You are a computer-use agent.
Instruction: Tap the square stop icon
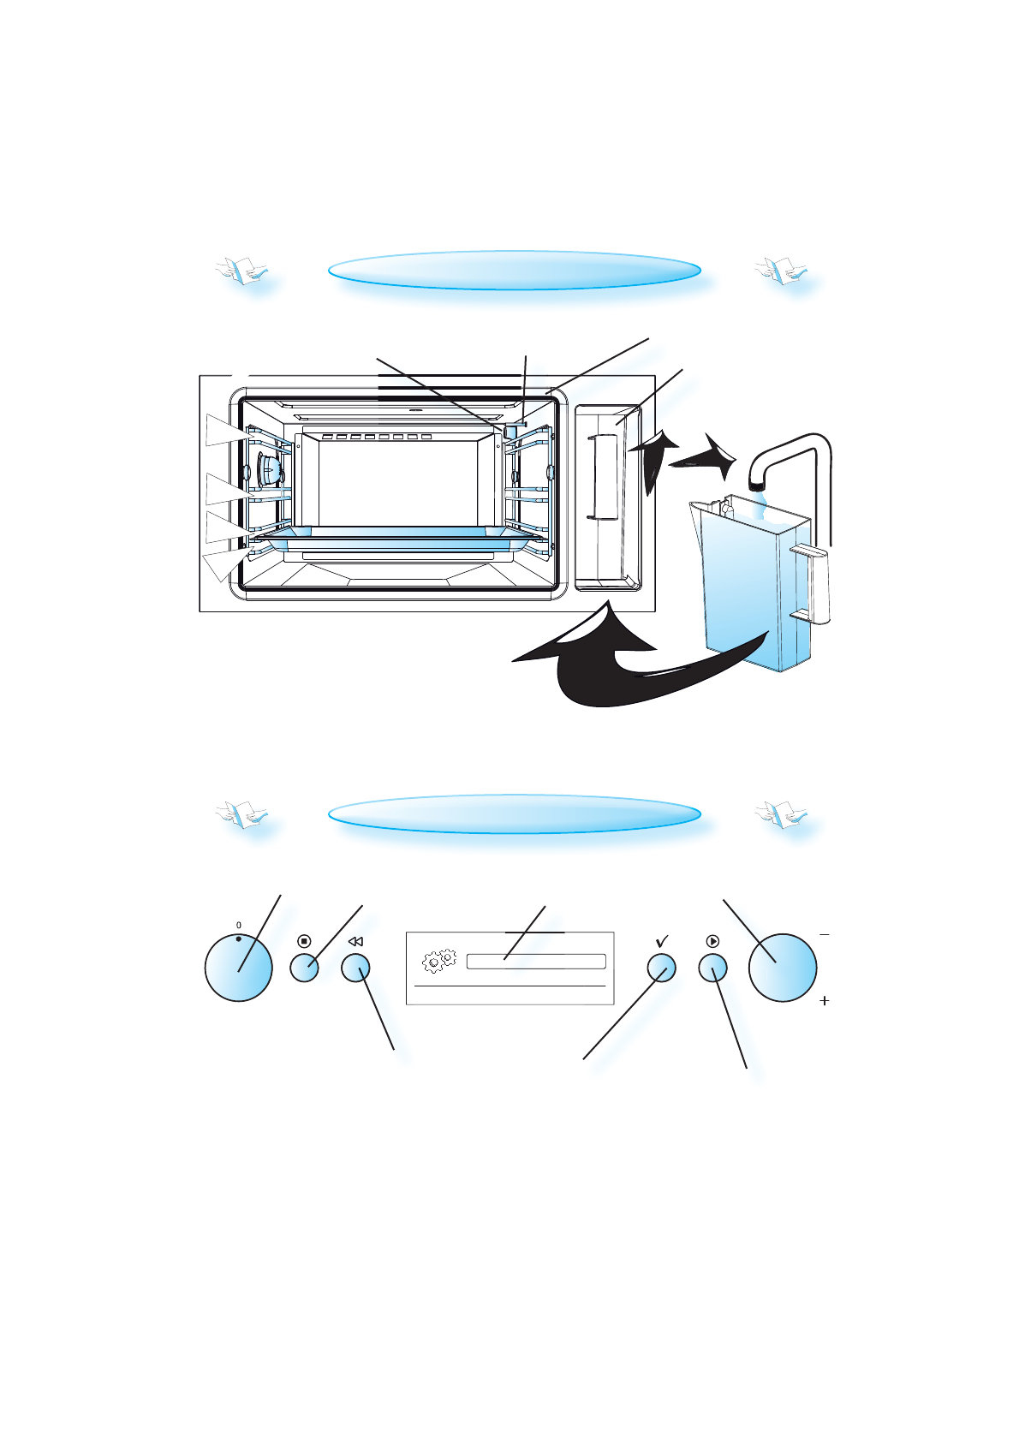tap(304, 941)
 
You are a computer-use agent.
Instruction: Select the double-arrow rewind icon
tap(355, 941)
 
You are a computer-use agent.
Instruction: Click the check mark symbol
tap(662, 941)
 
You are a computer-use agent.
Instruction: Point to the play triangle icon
tap(713, 941)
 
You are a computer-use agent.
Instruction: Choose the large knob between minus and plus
tap(782, 968)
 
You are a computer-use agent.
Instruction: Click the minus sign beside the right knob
tap(824, 934)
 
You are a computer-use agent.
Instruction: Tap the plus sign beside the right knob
tap(824, 1000)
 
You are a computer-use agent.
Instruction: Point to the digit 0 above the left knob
tap(239, 925)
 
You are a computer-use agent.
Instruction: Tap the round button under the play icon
tap(713, 968)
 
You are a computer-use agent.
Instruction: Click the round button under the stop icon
tap(304, 968)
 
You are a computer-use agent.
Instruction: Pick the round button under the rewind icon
tap(355, 968)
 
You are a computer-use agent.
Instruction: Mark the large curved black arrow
tap(617, 668)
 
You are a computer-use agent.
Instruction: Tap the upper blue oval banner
tap(514, 271)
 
